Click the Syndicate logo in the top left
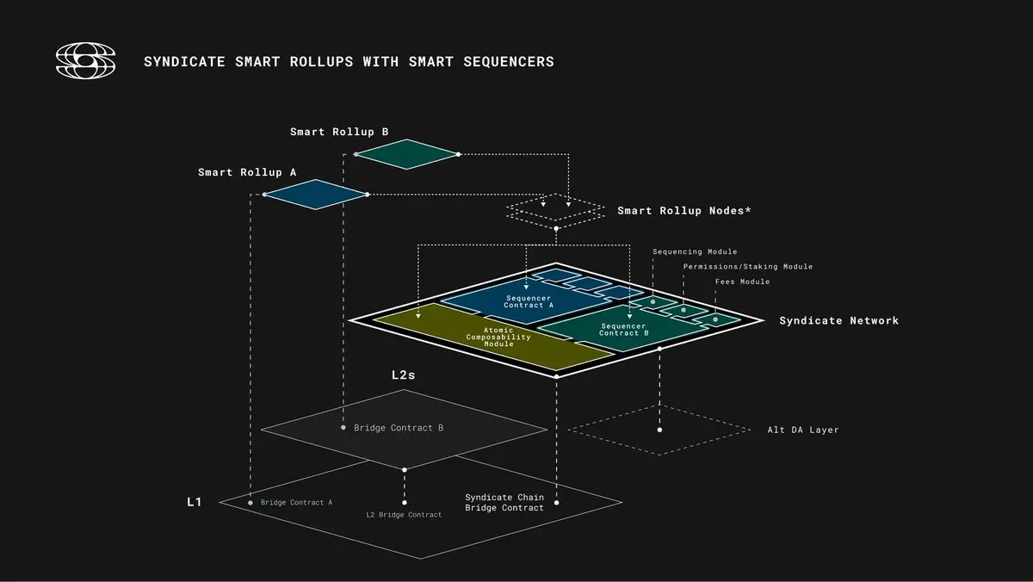86,60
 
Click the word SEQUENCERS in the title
509,62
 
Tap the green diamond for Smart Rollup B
406,154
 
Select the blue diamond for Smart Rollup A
316,195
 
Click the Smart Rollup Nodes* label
684,211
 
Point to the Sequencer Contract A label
529,301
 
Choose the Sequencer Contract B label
623,330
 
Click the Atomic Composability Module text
498,337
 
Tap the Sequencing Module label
695,251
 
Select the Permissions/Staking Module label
747,267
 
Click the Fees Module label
742,282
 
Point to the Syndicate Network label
838,320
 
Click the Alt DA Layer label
803,430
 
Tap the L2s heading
404,375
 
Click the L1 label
195,502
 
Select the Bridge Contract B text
399,428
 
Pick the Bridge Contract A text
296,503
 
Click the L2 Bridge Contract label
404,515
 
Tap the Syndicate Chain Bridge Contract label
504,503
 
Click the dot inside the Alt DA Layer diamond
659,430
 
